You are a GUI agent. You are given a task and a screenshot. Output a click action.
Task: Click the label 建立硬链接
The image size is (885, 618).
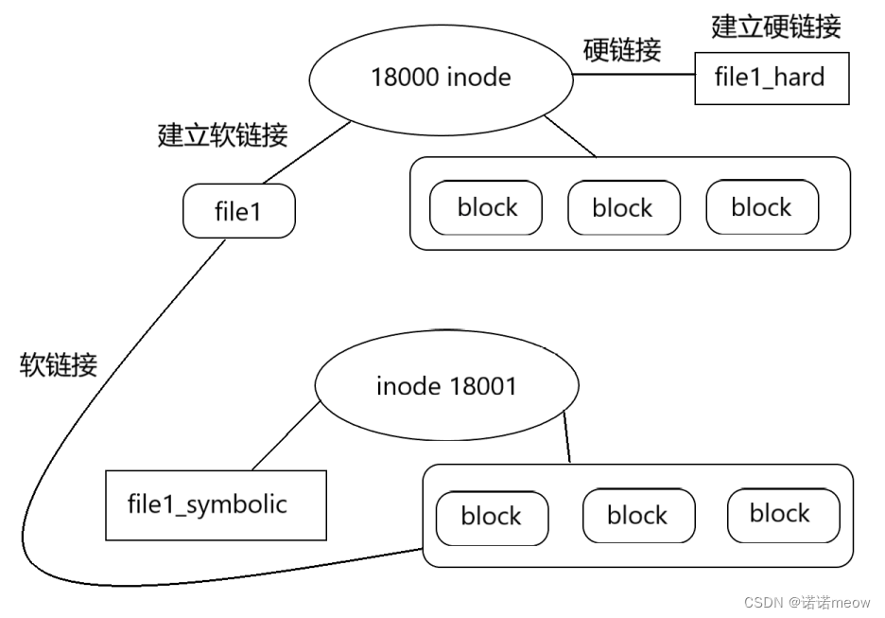pos(776,27)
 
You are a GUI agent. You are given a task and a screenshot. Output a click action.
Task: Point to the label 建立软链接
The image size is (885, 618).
pos(222,135)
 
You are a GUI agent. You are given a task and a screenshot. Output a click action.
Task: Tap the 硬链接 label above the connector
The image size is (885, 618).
pos(622,50)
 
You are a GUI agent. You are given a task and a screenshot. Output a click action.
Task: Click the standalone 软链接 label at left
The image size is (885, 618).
pos(58,365)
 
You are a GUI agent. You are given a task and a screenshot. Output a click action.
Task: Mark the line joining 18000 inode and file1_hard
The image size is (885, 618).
pos(633,74)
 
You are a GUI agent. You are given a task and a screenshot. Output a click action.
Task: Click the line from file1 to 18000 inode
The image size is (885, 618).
pos(307,152)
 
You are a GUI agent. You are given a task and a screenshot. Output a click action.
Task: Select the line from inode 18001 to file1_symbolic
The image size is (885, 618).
pos(286,435)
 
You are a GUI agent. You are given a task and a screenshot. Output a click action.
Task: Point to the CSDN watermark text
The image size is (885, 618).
pos(807,602)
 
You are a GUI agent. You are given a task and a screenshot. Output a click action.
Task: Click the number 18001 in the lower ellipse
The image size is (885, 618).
pos(482,386)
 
